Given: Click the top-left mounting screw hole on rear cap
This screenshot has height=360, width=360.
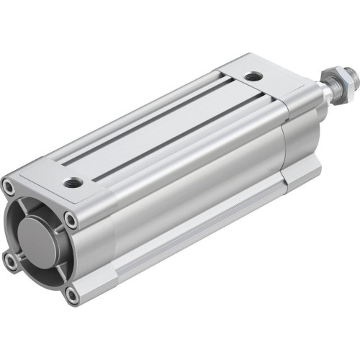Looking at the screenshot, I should (8, 187).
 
